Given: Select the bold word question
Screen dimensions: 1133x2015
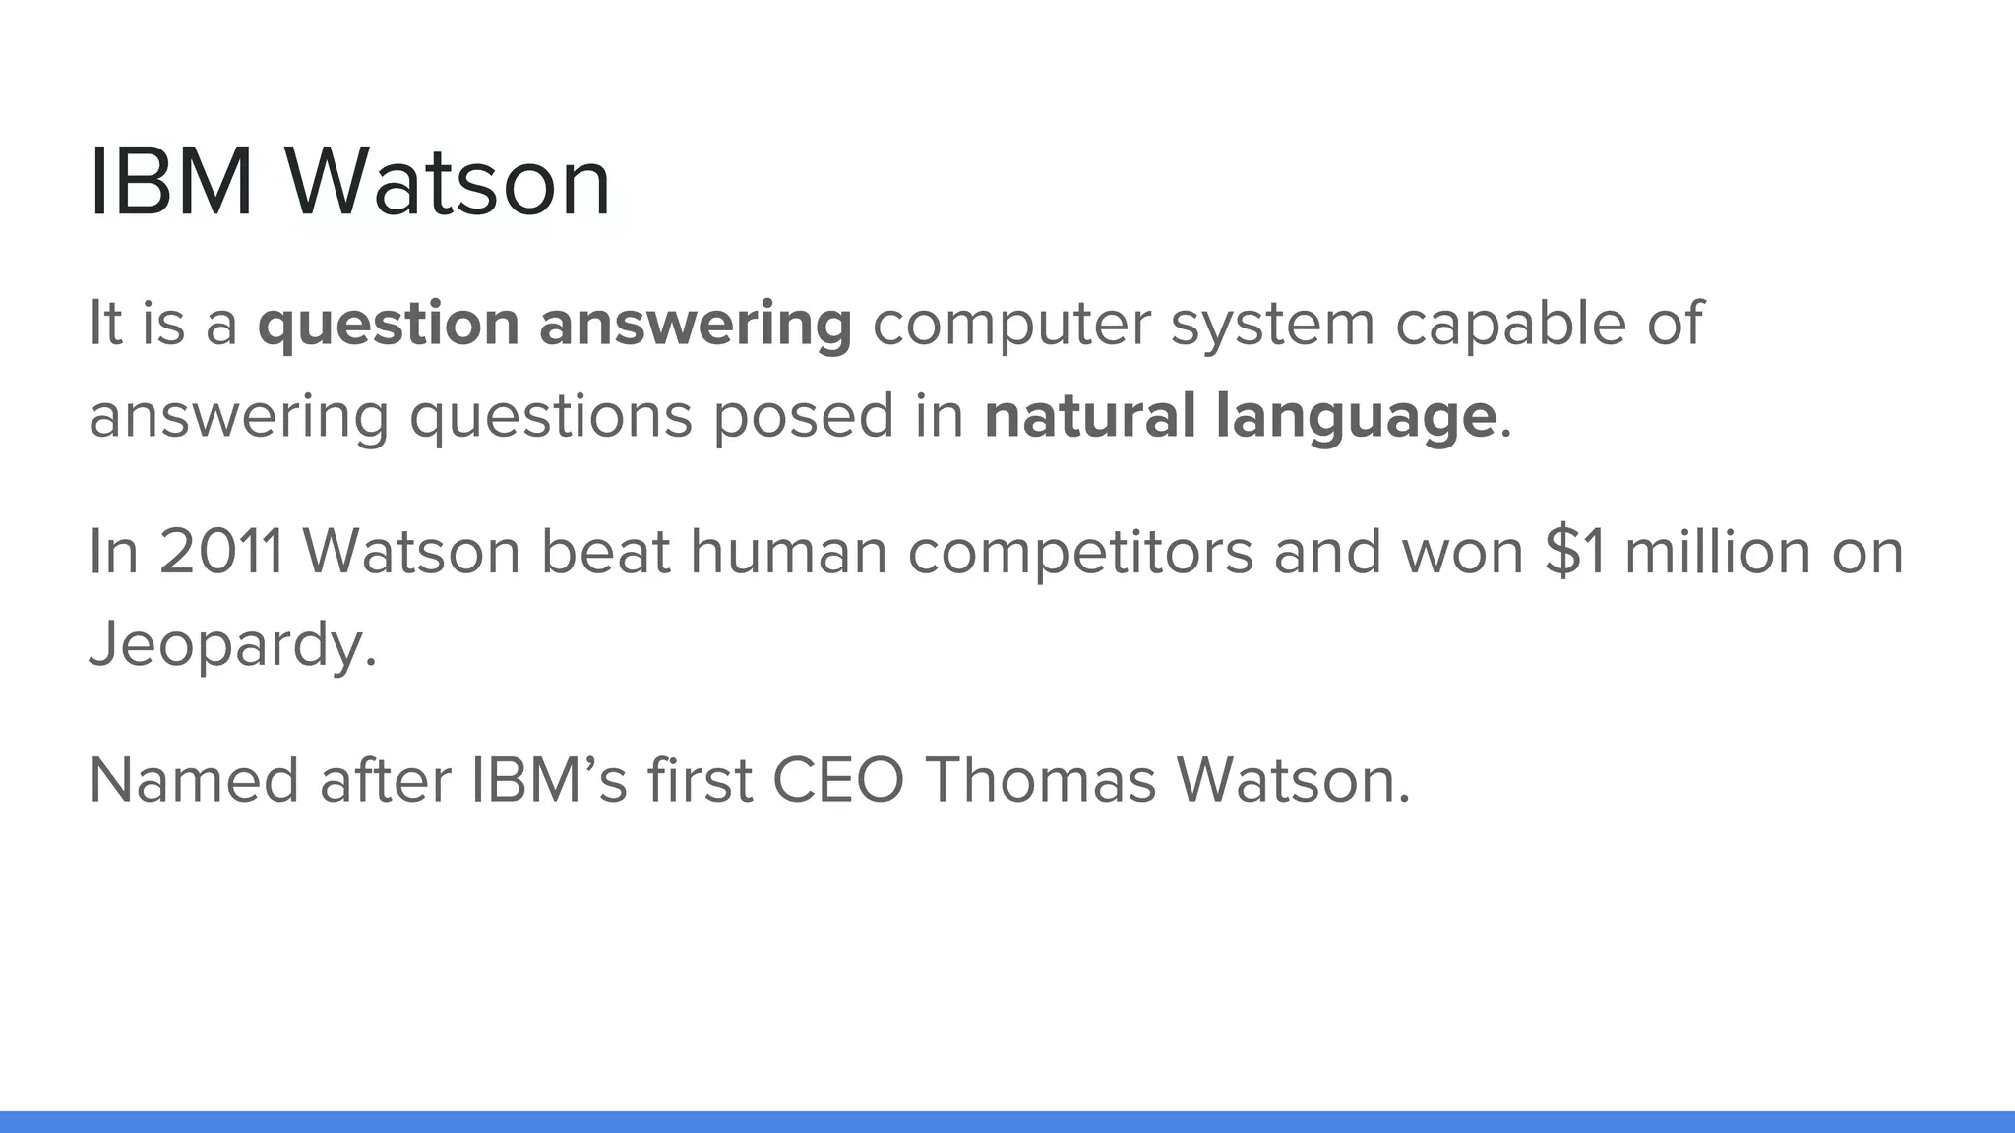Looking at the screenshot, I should point(388,325).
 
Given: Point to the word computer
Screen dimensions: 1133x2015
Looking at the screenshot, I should point(1010,325).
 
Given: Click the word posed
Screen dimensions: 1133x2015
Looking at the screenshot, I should point(803,415).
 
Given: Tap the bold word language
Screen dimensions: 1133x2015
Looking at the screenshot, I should point(1356,417).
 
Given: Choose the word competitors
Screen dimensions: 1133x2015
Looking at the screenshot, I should point(1079,553).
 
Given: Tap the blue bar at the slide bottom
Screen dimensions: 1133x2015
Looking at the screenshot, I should point(1007,1122).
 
